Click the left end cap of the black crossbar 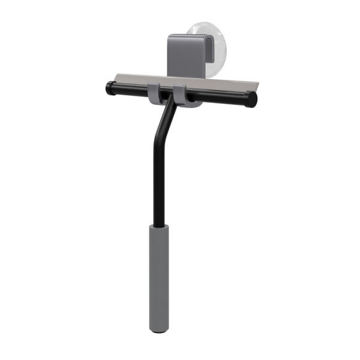click(x=110, y=88)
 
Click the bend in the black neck click(x=160, y=123)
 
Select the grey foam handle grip click(x=159, y=276)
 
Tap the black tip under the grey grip click(x=159, y=330)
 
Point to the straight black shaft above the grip click(x=157, y=180)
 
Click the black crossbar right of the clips click(x=222, y=97)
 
